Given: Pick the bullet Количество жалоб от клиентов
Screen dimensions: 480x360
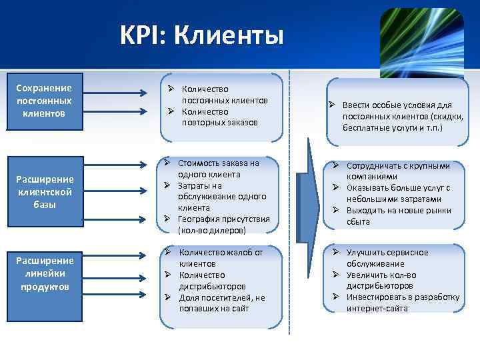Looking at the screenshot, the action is coord(221,258).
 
